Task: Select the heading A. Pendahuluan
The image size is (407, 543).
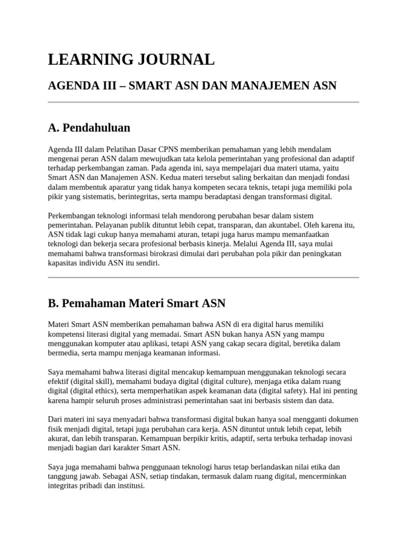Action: pos(89,128)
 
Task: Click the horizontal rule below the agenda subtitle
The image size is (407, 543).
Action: pos(203,102)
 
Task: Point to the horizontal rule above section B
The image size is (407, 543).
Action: pos(203,277)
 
